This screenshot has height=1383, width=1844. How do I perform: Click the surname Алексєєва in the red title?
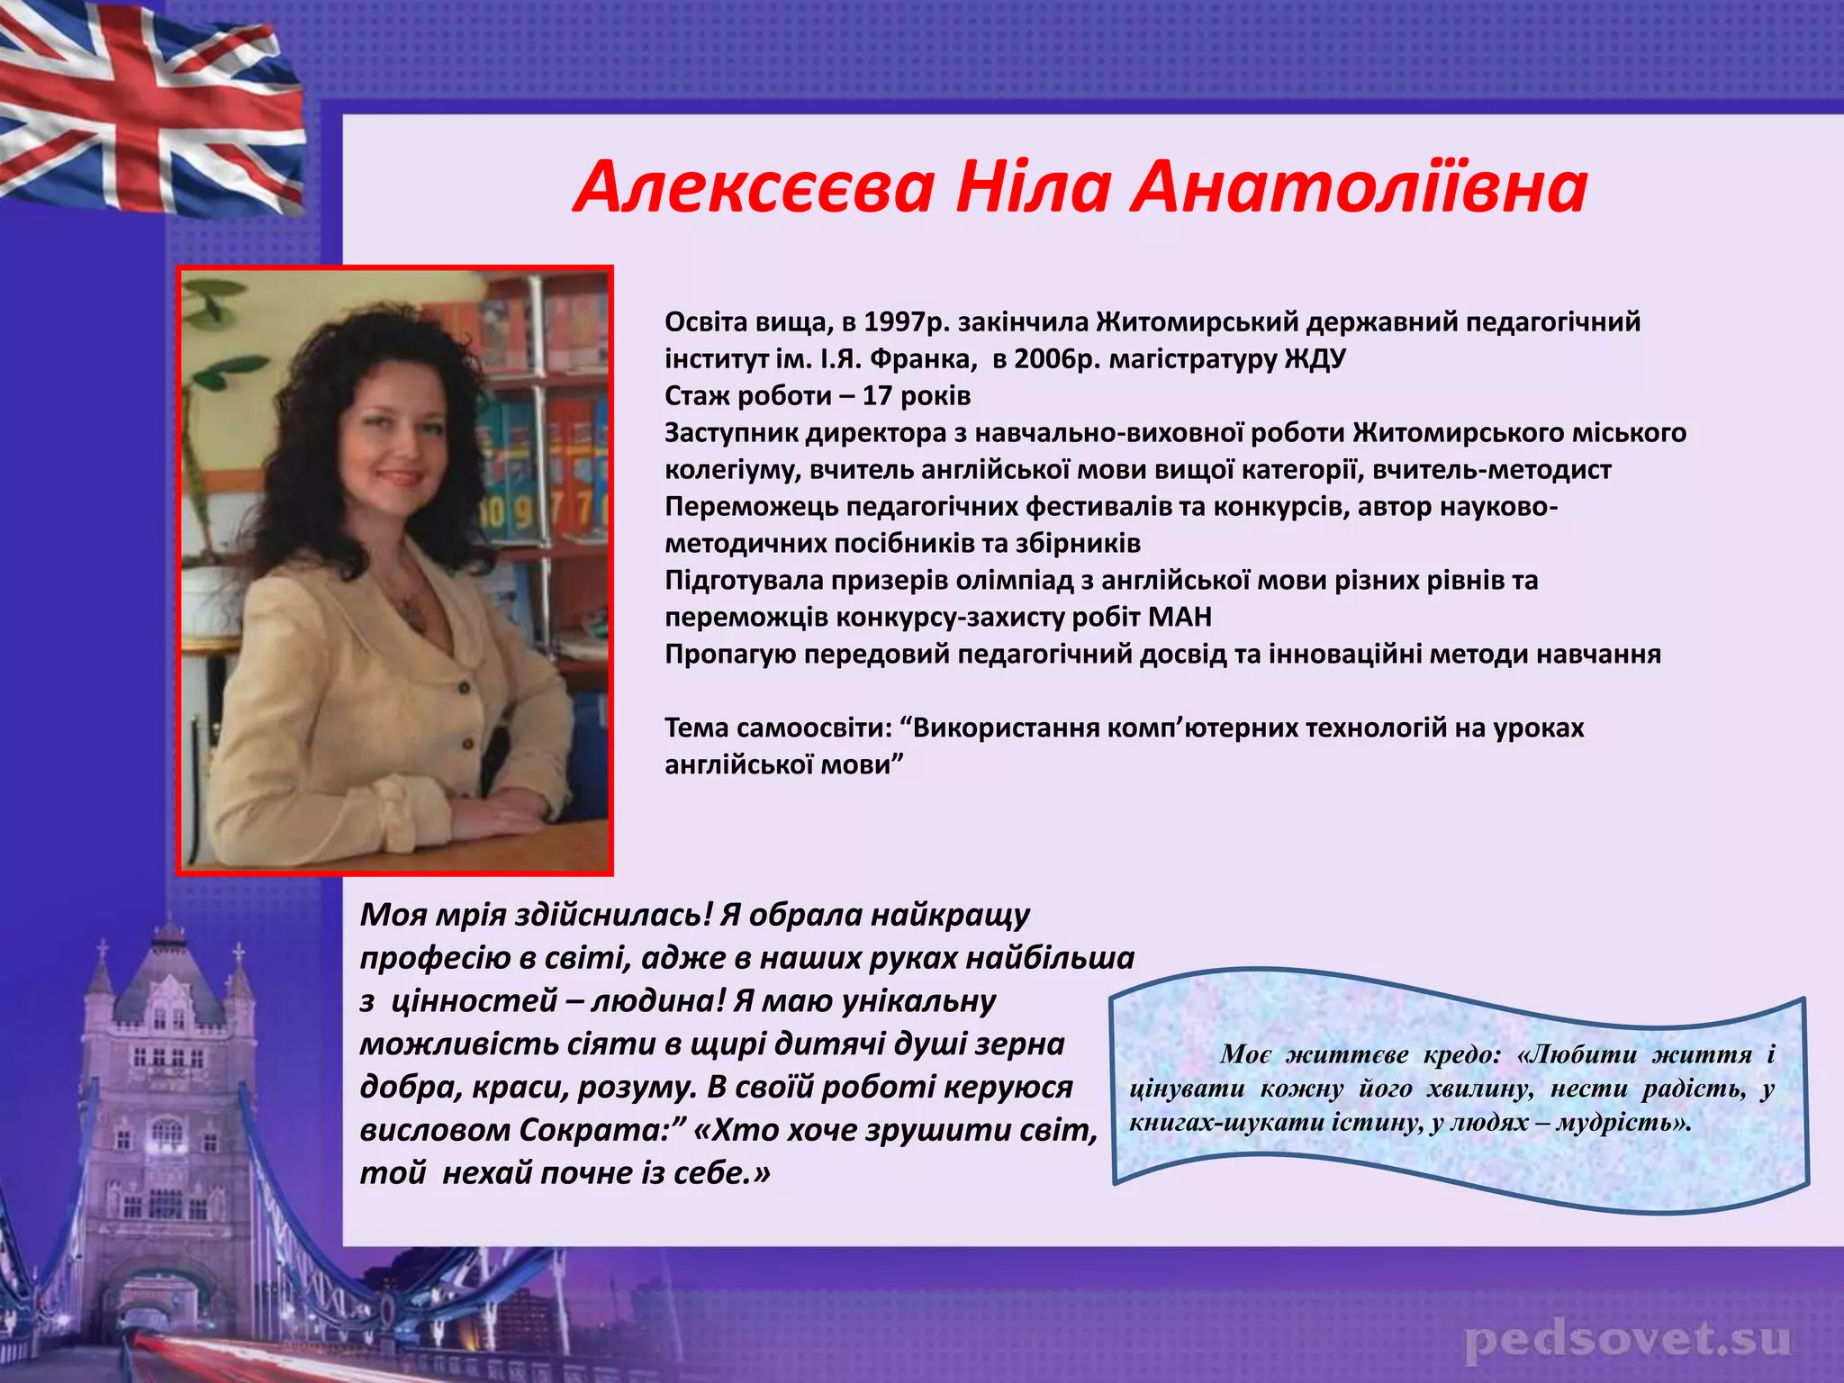pos(753,187)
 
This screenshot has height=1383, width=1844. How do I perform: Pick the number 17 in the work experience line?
pos(877,395)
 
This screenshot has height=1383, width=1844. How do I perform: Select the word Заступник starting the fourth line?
pos(730,432)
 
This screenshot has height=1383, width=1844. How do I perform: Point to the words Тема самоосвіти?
pos(776,728)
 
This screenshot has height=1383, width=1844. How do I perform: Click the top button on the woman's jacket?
pos(465,689)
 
